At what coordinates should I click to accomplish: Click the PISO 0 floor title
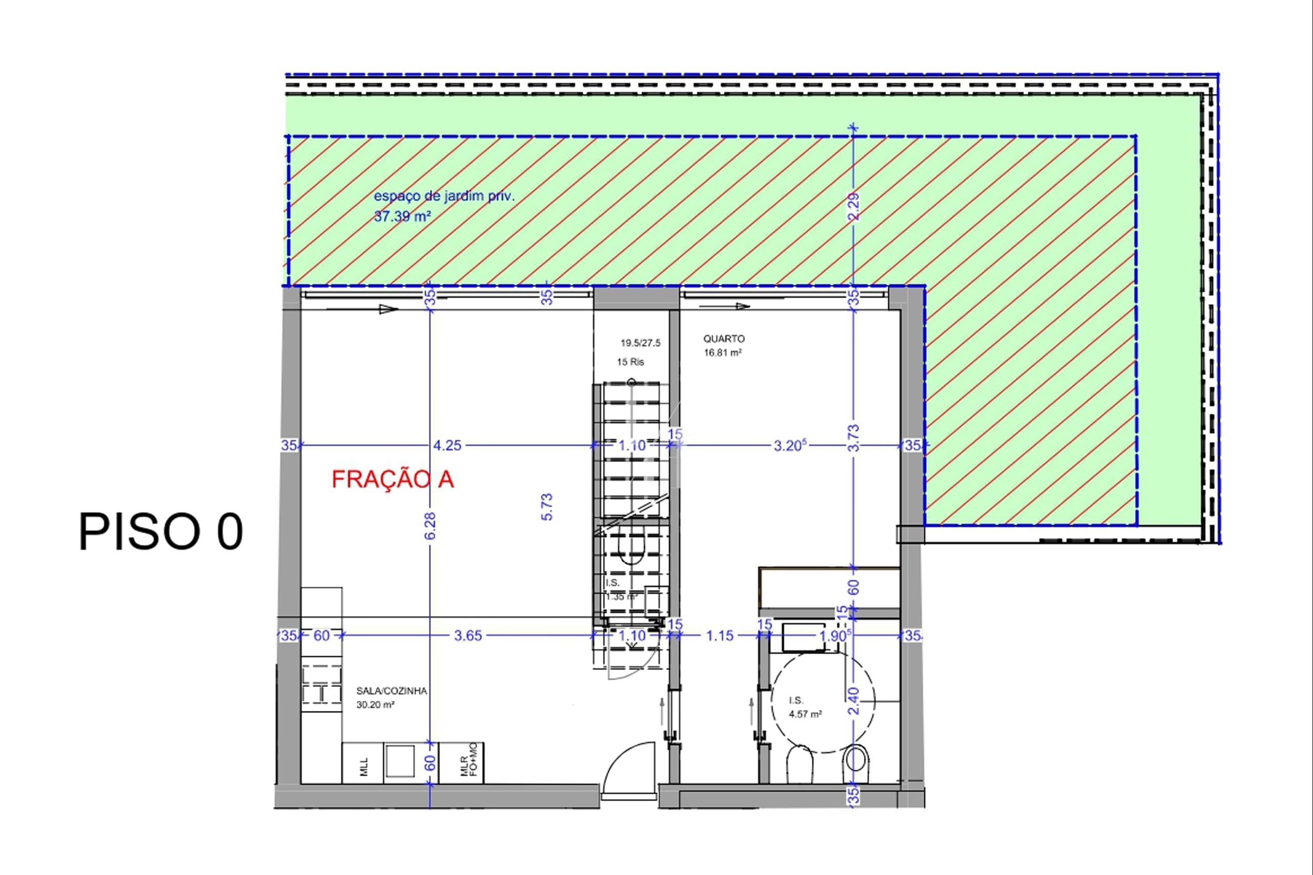[161, 532]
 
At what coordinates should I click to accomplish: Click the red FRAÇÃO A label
[392, 480]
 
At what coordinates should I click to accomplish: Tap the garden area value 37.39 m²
[402, 216]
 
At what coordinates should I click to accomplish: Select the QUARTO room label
[724, 339]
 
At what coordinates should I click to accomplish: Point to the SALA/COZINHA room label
[391, 691]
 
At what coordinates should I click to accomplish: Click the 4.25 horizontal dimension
[448, 445]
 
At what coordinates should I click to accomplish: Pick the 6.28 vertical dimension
[430, 526]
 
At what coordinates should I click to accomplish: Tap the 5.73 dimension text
[547, 507]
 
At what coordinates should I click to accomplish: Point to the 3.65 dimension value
[468, 635]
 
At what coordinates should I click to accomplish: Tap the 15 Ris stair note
[630, 362]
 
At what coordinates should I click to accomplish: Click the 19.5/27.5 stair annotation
[641, 343]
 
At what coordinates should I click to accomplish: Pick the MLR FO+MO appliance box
[462, 763]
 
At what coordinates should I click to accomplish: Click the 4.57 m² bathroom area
[805, 714]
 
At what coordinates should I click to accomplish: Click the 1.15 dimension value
[720, 635]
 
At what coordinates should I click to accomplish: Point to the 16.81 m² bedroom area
[723, 353]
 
